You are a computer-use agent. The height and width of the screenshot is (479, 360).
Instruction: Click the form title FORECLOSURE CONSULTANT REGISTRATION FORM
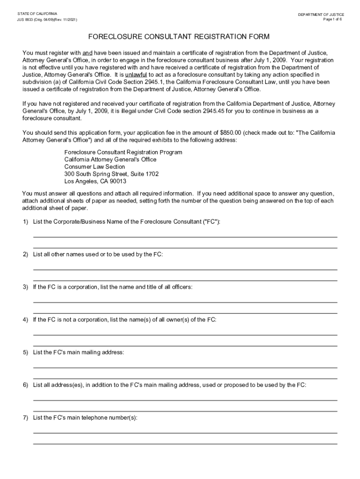(x=180, y=36)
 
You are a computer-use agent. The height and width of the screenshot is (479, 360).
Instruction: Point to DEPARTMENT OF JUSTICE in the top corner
(x=321, y=15)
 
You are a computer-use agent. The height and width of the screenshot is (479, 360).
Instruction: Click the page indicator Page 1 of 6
(x=332, y=20)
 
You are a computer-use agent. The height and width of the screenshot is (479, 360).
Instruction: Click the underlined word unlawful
(x=136, y=75)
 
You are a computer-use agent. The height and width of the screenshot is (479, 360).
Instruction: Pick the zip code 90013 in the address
(x=118, y=181)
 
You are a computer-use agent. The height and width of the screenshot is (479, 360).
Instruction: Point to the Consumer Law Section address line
(x=94, y=167)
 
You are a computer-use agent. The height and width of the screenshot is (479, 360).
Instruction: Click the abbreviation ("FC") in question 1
(x=211, y=222)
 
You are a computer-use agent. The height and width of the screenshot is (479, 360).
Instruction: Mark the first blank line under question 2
(x=185, y=269)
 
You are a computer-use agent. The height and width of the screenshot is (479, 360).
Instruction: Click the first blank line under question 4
(x=185, y=335)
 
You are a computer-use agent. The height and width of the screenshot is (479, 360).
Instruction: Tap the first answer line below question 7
(x=185, y=433)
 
